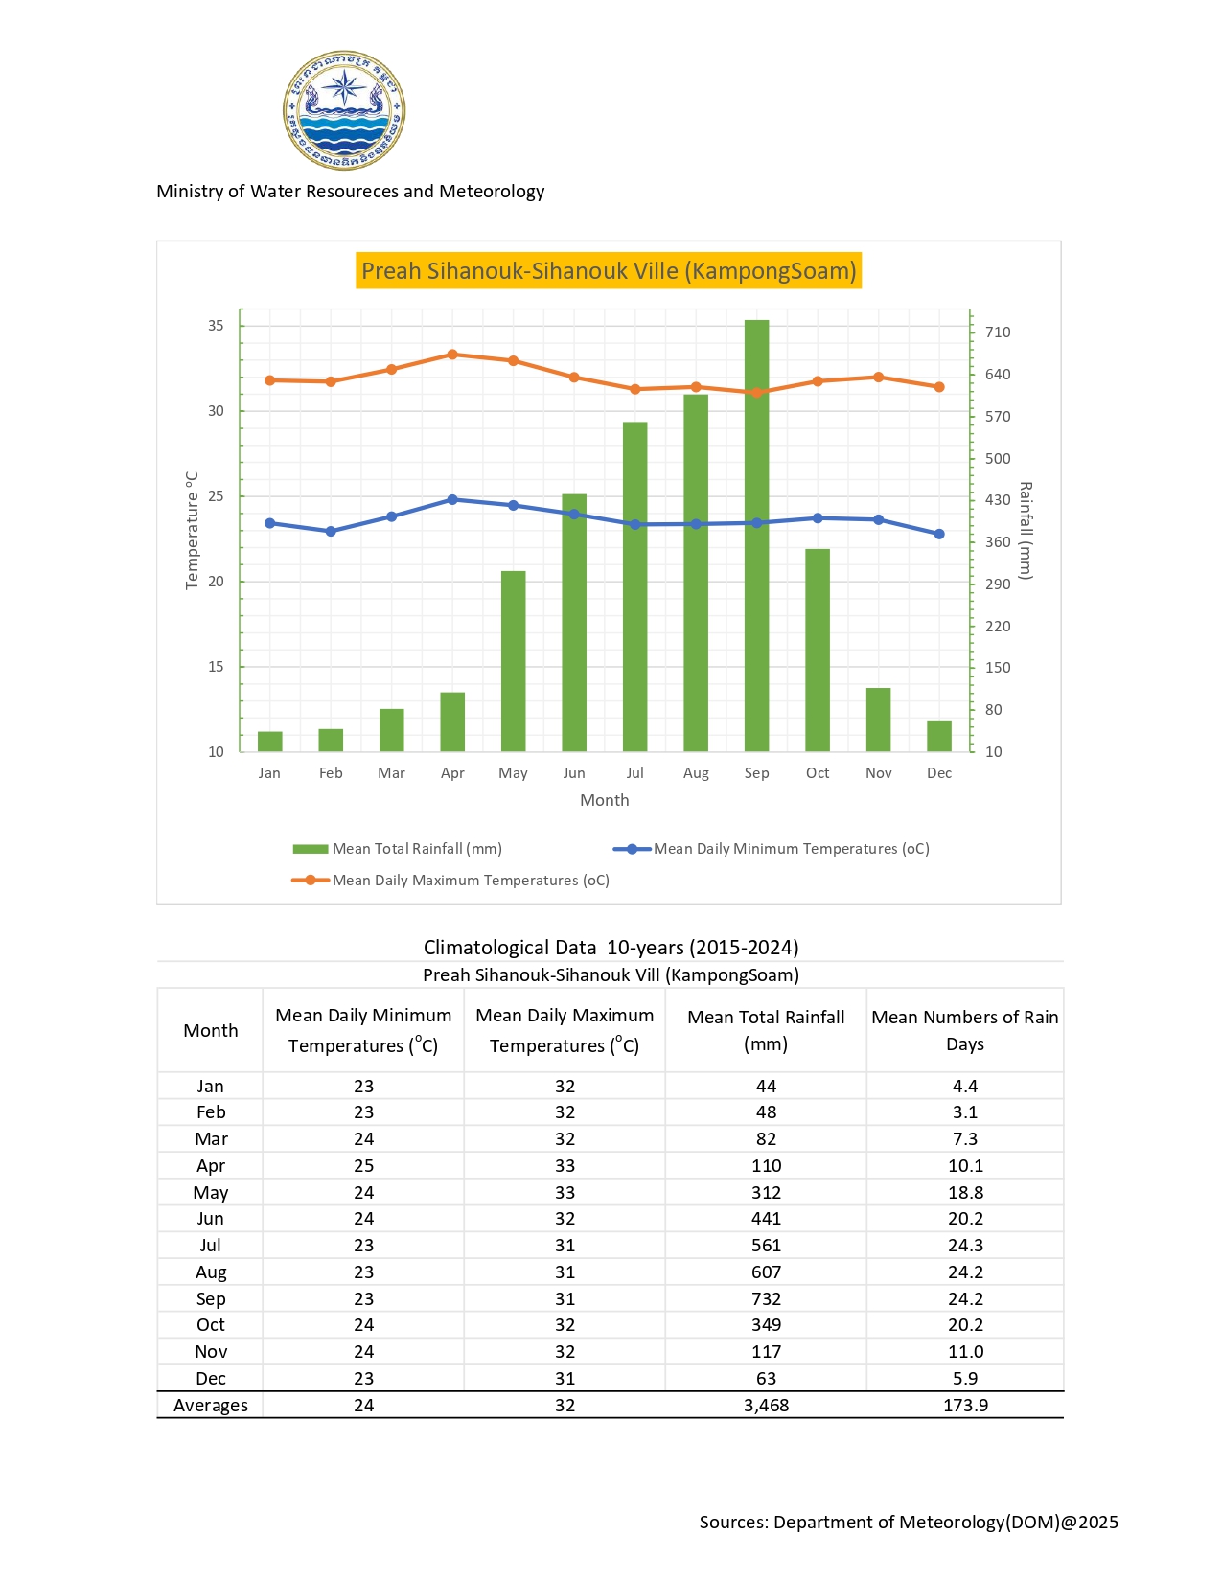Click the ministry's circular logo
click(344, 110)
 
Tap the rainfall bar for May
click(513, 661)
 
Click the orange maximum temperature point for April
click(452, 355)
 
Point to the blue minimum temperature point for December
click(939, 534)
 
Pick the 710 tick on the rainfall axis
click(997, 332)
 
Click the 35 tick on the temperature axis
click(216, 326)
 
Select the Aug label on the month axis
click(696, 773)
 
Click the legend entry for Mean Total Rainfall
click(398, 849)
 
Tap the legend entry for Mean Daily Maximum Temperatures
click(450, 881)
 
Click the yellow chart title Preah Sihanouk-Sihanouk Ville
click(609, 271)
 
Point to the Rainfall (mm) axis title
click(1026, 531)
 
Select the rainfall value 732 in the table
click(766, 1299)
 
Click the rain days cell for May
click(964, 1193)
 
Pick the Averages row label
click(211, 1406)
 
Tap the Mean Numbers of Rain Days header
click(964, 1030)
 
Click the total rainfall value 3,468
click(766, 1406)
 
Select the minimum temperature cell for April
click(363, 1166)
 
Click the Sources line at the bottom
click(909, 1523)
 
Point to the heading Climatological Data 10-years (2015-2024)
click(611, 948)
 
